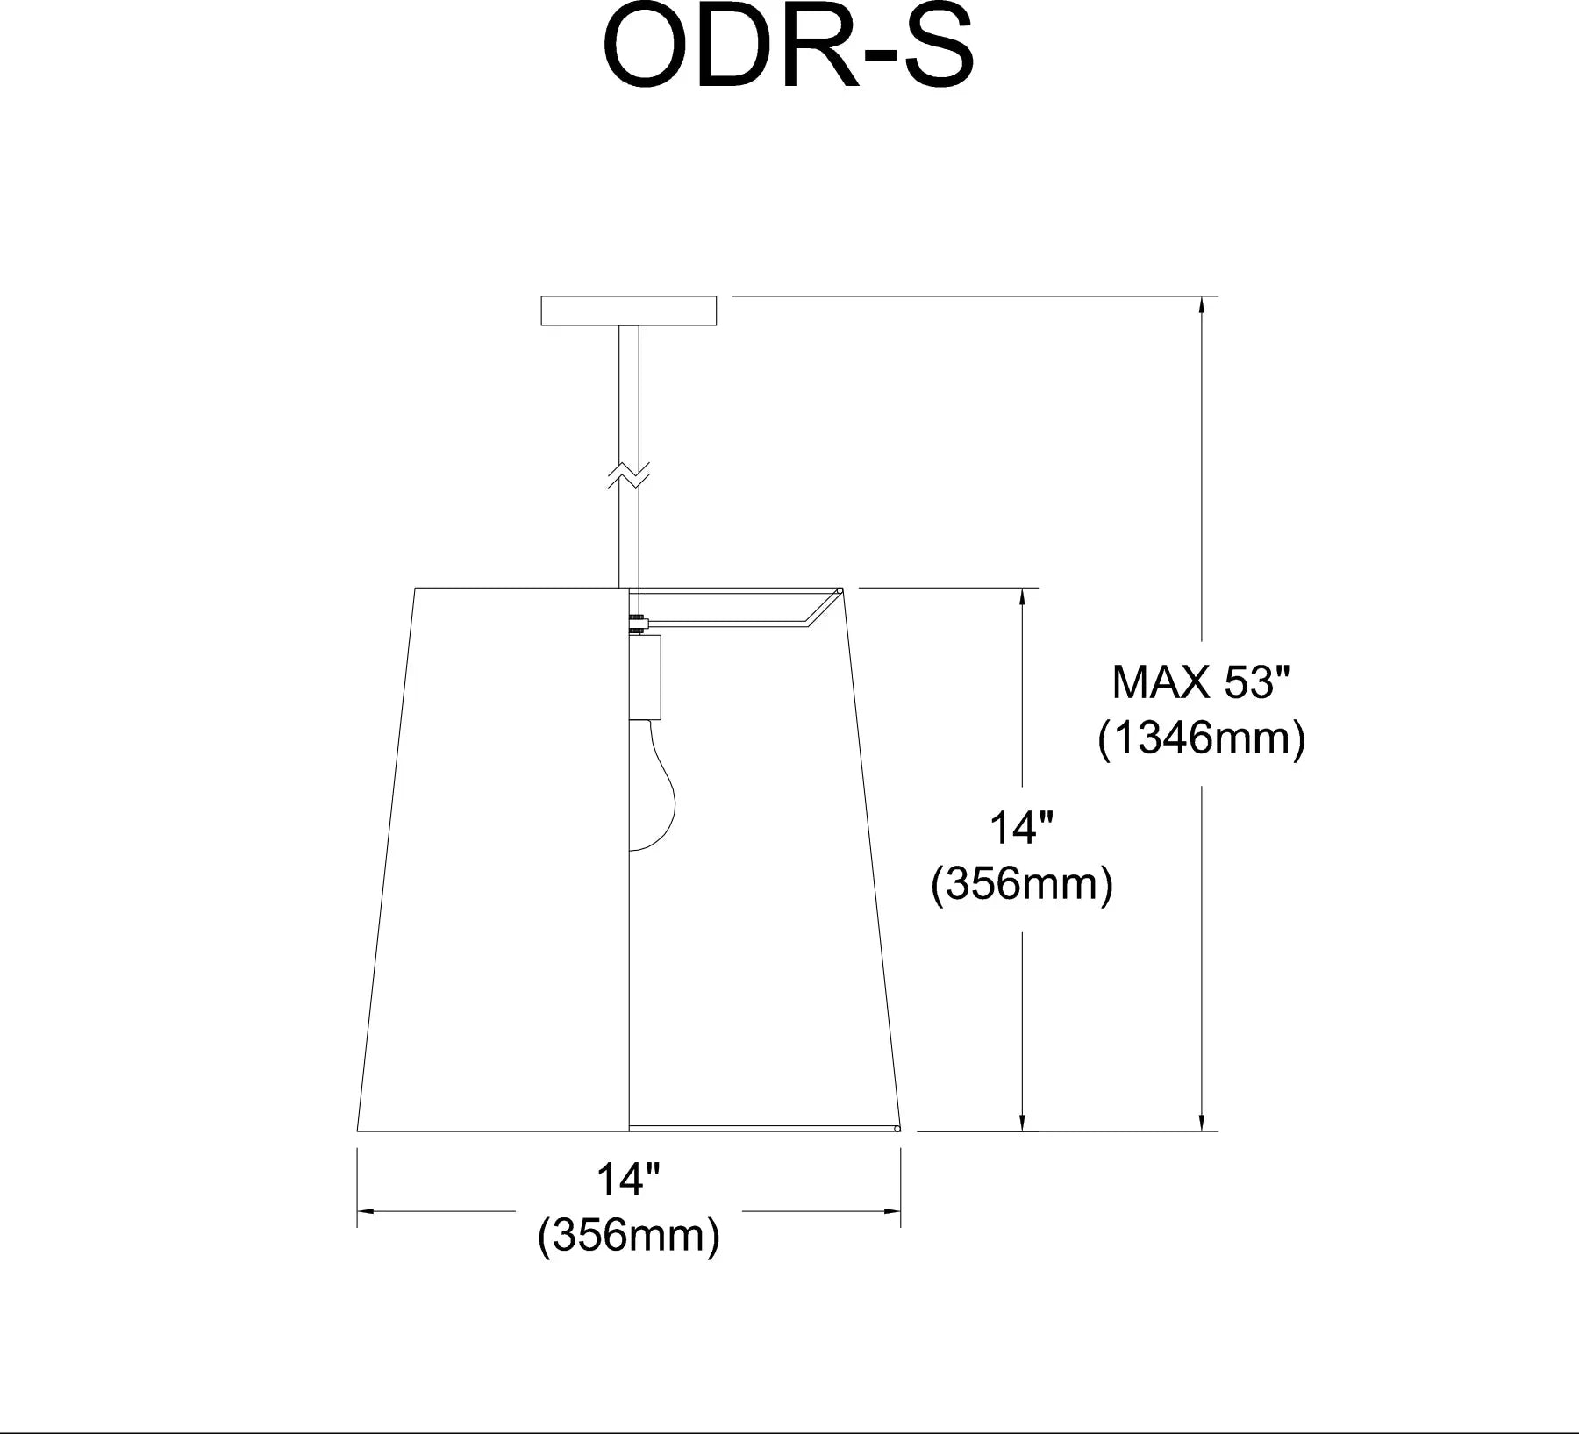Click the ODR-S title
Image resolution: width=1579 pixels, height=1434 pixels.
pyautogui.click(x=789, y=50)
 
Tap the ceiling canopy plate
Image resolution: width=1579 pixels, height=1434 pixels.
pyautogui.click(x=629, y=310)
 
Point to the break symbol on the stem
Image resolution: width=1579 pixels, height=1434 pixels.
pyautogui.click(x=629, y=474)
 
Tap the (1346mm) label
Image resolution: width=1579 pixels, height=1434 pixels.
pyautogui.click(x=1201, y=738)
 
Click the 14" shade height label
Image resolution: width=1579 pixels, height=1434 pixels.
pyautogui.click(x=1021, y=827)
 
